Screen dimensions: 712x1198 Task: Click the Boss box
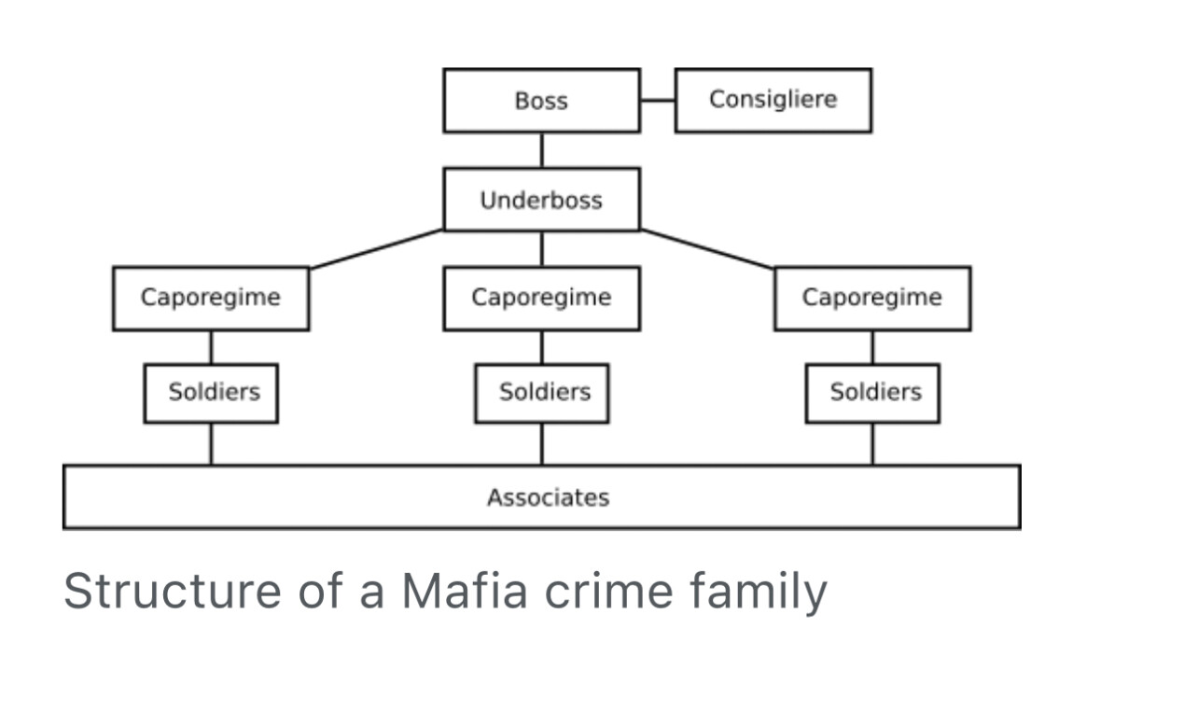[x=541, y=100]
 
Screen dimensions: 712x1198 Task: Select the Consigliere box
[x=773, y=100]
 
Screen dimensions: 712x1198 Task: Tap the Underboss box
[x=541, y=200]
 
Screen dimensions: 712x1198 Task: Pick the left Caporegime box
[x=210, y=298]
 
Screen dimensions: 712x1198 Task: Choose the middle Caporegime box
[x=541, y=298]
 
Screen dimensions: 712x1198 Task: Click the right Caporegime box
[x=871, y=298]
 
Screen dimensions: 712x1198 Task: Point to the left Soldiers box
[x=211, y=392]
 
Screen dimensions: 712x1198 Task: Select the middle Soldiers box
[x=541, y=392]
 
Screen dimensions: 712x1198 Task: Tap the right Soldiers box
[x=872, y=392]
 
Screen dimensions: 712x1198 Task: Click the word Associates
[x=548, y=497]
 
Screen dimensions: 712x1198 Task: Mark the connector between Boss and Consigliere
[x=658, y=100]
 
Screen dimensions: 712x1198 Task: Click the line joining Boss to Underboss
[x=542, y=149]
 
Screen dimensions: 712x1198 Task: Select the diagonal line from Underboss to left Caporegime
[x=377, y=248]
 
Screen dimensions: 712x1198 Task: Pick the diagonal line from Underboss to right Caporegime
[x=706, y=248]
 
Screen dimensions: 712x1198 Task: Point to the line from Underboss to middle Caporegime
[x=542, y=248]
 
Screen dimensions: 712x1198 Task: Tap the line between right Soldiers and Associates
[x=872, y=443]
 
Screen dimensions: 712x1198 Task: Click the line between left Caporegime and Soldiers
[x=211, y=346]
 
